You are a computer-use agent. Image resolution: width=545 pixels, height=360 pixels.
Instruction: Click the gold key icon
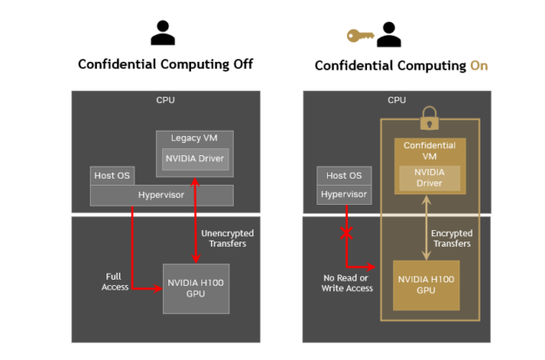coord(358,36)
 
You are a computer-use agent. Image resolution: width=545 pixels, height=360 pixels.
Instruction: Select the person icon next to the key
coord(387,33)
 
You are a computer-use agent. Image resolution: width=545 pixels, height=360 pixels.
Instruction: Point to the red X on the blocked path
coord(347,234)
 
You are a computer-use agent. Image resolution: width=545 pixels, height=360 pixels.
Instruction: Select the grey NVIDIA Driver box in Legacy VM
coord(192,160)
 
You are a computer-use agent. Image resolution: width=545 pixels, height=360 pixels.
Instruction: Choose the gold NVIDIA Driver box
coord(427,177)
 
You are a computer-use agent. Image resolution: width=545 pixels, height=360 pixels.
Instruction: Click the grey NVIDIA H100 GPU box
coord(196,288)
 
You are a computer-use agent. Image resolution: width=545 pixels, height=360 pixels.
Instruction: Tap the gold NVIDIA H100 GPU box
coord(427,285)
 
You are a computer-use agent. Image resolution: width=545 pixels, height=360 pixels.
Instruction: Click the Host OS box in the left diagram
coord(112,175)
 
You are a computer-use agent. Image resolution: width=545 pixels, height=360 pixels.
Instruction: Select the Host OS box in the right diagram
coord(340,175)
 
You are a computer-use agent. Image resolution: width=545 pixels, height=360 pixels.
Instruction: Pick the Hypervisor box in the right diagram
coord(340,194)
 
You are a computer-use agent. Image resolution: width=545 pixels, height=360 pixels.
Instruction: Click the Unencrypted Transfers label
coord(222,238)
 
